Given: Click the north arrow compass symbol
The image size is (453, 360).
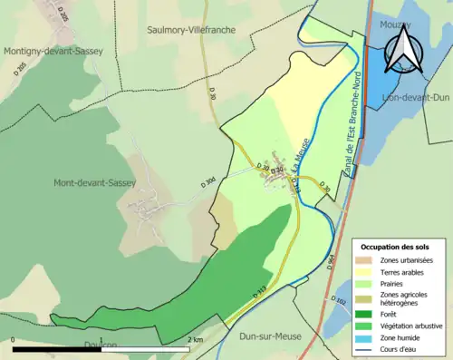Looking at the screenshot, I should [402, 47].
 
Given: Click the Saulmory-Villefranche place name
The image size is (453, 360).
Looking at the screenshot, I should [191, 30].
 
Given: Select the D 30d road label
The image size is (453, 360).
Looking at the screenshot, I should [208, 181].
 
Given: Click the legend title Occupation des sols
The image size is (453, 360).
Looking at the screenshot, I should [401, 247].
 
